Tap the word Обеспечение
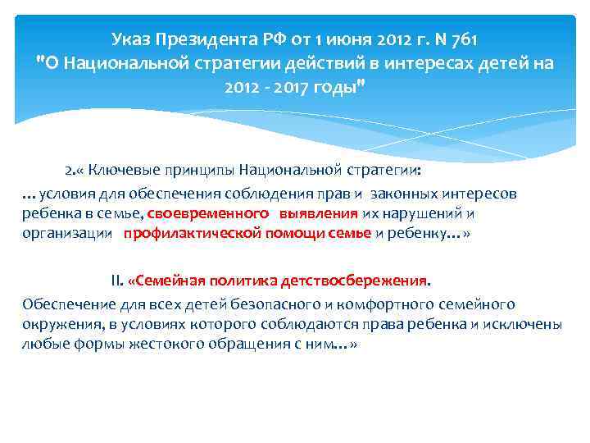coord(66,304)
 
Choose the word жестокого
coord(145,345)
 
